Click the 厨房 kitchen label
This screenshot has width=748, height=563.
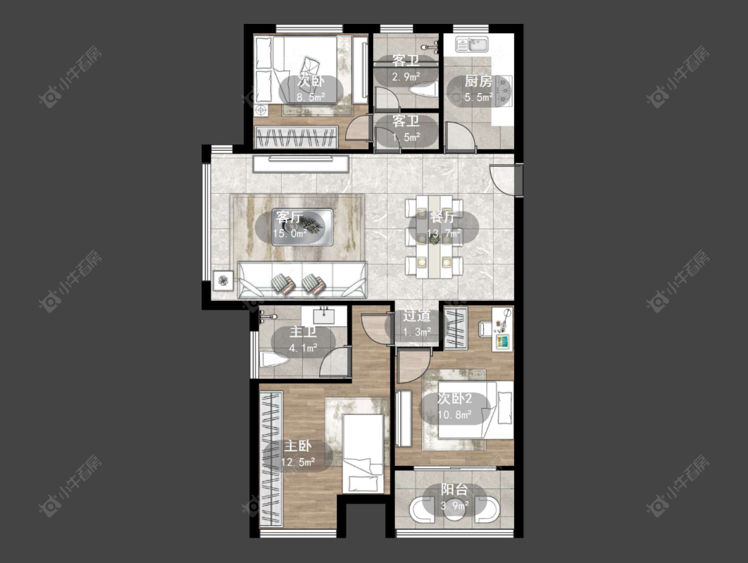point(478,82)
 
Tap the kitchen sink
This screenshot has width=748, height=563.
point(471,45)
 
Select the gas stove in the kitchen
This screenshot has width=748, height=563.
point(504,90)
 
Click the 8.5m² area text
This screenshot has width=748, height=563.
point(311,97)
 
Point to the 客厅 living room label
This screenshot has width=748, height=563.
point(289,217)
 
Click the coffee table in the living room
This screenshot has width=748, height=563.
point(303,227)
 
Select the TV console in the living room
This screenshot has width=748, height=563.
point(301,164)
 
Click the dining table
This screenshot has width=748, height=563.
point(434,237)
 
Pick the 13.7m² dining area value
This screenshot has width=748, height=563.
point(443,233)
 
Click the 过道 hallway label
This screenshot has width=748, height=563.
point(416,316)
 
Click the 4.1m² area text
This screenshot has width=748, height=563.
point(303,348)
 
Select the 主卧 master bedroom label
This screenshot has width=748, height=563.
point(298,446)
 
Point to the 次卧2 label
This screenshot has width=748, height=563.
point(455,399)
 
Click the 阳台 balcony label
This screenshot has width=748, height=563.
point(454,490)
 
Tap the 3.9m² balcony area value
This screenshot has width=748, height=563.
point(454,506)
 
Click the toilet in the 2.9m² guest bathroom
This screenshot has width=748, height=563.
point(424,89)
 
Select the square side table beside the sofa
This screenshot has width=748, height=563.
point(223,281)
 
